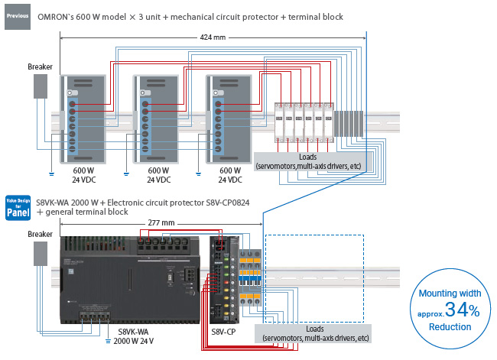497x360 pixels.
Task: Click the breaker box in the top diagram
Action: [x=40, y=86]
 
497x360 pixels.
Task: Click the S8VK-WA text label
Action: [x=132, y=332]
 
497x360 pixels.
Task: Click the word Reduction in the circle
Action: [x=450, y=327]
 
